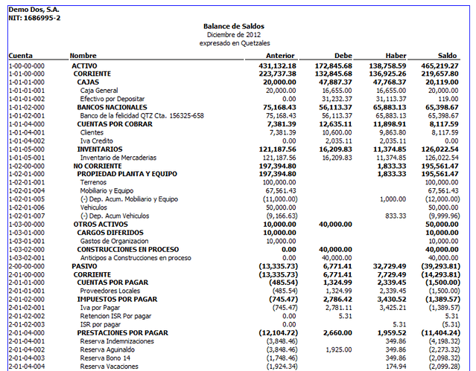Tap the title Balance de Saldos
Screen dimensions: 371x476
[x=233, y=26]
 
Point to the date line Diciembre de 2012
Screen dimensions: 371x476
[x=233, y=34]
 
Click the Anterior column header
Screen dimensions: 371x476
[x=280, y=56]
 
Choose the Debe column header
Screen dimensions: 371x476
[x=343, y=56]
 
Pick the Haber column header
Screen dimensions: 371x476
[x=396, y=56]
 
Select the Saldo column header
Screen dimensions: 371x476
[x=447, y=56]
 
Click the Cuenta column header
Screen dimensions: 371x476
[x=21, y=56]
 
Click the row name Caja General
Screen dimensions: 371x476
[x=99, y=90]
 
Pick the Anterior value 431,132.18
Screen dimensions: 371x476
[x=276, y=65]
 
